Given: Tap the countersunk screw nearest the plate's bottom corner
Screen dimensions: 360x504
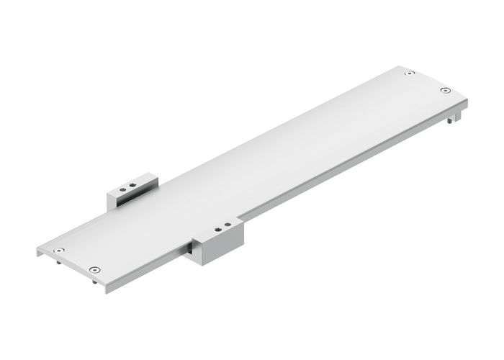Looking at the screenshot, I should (94, 269).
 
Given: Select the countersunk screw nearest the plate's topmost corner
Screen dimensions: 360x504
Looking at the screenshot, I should (409, 73).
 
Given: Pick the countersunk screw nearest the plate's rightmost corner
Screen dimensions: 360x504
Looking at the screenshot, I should (445, 91).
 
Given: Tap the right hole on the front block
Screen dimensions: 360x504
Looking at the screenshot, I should (228, 225).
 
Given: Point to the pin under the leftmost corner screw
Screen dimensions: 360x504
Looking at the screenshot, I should (57, 264).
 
